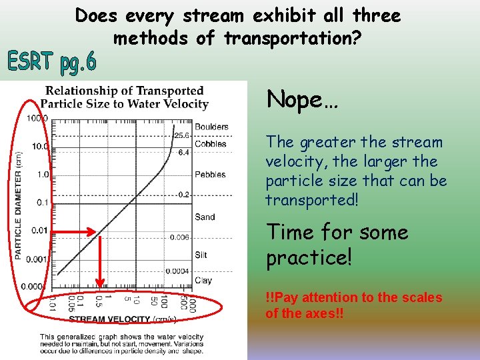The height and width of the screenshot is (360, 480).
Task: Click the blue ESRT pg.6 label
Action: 52,62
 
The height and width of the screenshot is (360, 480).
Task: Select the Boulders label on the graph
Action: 211,127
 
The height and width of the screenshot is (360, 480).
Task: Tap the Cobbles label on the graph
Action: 210,143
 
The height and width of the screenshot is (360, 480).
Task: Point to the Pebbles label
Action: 210,175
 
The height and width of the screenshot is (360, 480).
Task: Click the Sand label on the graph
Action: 205,217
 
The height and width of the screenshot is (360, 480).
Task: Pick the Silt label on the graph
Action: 201,255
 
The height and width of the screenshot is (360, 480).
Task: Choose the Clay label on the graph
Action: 203,280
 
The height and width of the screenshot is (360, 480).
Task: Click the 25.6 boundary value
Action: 181,135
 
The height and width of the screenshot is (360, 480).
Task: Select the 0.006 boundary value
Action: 179,237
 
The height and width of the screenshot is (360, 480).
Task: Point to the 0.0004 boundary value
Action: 179,271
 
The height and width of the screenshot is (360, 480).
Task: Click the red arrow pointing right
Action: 74,232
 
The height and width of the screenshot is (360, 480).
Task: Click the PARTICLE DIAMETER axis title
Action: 19,204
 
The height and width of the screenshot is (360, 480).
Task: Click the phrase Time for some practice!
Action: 337,245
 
